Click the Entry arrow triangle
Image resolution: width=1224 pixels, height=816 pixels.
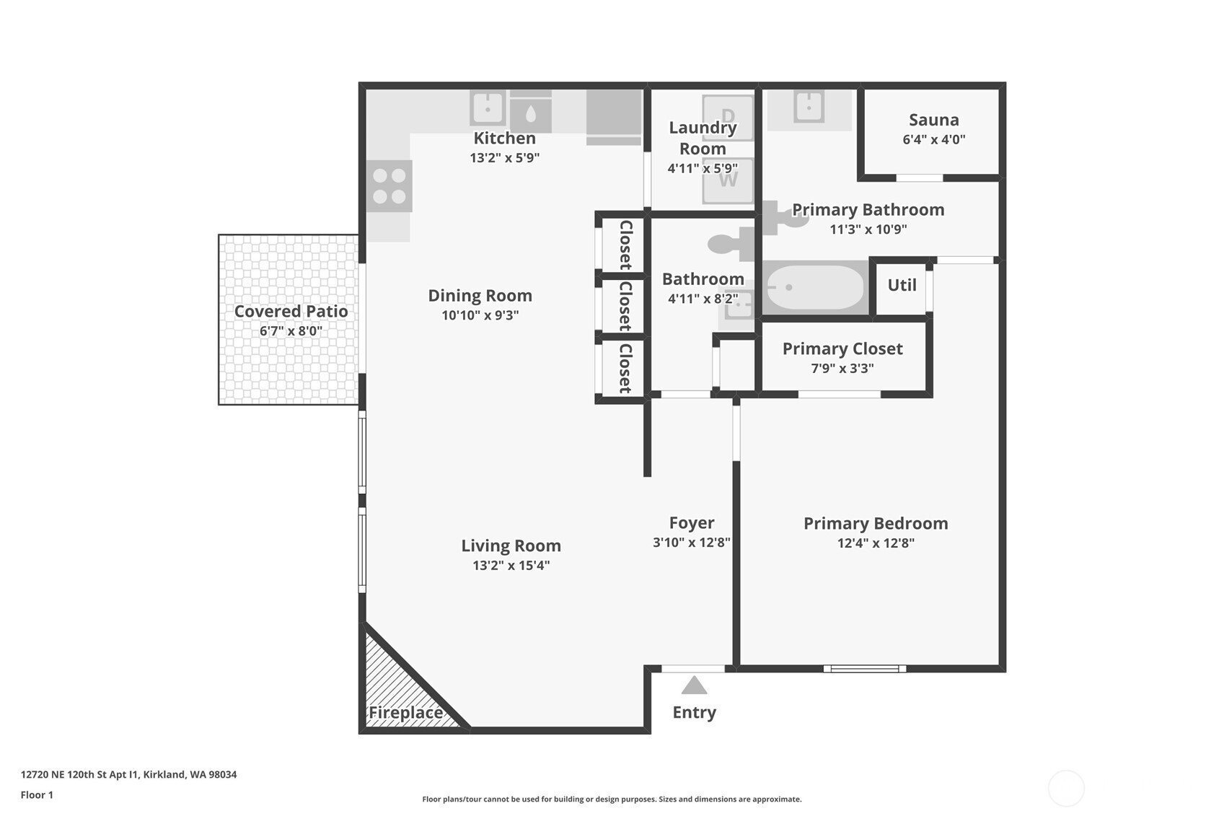(694, 686)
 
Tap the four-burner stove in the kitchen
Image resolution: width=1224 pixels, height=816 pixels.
(389, 186)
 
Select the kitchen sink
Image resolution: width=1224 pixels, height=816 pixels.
(488, 108)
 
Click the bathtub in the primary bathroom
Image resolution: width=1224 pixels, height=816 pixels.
(815, 287)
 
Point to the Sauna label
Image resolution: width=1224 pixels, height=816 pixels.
(934, 120)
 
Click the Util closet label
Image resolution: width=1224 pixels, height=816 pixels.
(902, 285)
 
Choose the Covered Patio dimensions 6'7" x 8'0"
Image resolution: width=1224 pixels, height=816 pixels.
(291, 330)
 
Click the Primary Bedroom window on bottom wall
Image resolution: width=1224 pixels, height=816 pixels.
(865, 668)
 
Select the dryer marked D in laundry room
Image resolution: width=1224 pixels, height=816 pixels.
(728, 117)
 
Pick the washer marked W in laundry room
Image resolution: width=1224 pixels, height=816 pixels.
(728, 180)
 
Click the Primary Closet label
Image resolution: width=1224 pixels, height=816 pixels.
(842, 348)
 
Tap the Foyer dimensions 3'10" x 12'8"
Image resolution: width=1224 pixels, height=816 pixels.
(691, 542)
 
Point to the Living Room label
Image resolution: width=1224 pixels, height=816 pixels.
(511, 545)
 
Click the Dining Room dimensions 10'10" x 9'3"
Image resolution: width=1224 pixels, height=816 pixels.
(480, 315)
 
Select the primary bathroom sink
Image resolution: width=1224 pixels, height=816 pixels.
(809, 107)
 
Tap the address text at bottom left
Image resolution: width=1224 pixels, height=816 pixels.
(129, 774)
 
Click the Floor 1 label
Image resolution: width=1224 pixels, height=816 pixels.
(38, 795)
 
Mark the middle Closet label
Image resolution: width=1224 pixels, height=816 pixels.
(625, 306)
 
